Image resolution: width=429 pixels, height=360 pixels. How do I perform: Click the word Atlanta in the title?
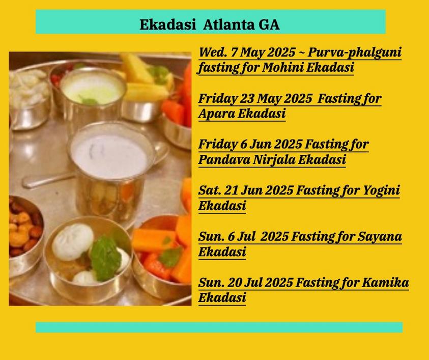click(228, 24)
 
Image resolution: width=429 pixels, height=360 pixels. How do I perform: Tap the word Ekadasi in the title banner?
click(168, 24)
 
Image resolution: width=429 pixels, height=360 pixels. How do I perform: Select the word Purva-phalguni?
click(355, 52)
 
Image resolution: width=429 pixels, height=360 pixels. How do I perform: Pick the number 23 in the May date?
click(247, 98)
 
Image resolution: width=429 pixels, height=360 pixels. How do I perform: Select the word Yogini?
click(381, 190)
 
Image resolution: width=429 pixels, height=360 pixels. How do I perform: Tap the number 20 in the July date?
click(235, 283)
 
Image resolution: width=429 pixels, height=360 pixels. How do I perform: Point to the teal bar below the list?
click(219, 327)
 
